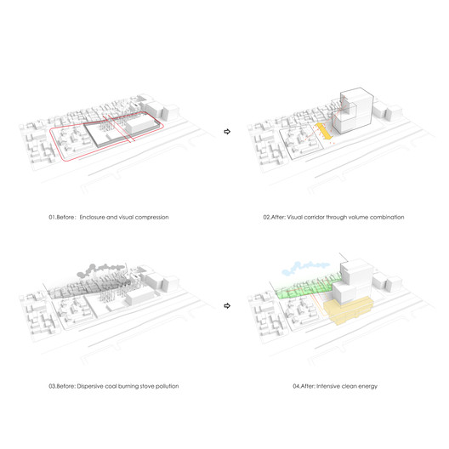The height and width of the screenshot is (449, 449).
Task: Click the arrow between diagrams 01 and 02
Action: point(227,132)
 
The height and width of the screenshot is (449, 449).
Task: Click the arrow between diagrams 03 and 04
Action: point(227,306)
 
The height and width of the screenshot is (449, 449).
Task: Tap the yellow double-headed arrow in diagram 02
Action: point(324,132)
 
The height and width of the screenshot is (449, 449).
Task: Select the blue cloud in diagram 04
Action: point(305,268)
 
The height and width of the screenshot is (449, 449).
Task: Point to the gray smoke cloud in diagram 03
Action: point(102,270)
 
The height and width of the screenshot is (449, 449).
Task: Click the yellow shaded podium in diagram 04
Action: point(349,311)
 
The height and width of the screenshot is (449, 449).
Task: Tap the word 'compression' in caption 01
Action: point(151,218)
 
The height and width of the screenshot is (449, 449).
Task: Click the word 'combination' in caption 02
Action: point(387,217)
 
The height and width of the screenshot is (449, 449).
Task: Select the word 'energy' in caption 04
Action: point(368,387)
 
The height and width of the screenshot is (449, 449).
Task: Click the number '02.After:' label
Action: point(275,217)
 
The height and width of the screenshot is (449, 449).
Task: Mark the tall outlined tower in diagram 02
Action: point(353,111)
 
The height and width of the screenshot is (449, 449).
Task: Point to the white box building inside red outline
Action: point(140,126)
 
